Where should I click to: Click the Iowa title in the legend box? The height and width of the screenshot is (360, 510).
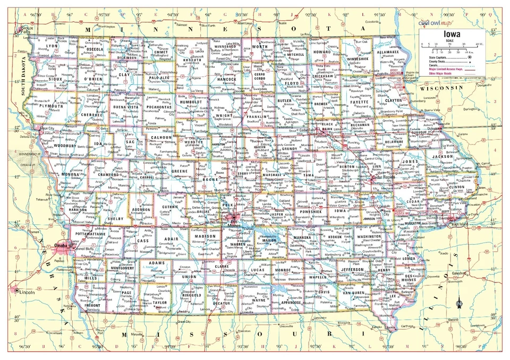coord(448,34)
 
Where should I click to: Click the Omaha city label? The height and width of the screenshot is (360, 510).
coord(62,245)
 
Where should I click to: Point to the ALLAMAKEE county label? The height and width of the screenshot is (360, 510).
coord(387,53)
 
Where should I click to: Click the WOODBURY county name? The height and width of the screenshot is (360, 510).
coord(65,145)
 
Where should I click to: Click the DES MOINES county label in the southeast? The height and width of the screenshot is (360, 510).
coord(414,279)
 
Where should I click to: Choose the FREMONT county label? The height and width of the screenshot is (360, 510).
coord(92,306)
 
